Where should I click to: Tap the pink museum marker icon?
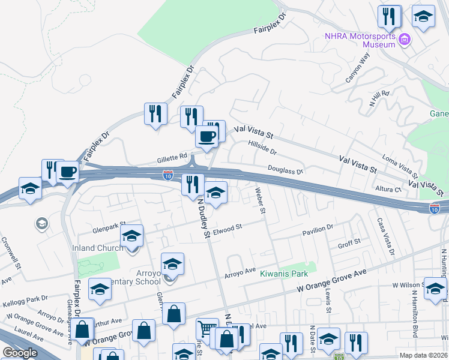(405, 40)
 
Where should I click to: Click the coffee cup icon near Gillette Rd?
(207, 136)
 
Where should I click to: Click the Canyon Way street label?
(358, 68)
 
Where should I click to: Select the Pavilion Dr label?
(318, 229)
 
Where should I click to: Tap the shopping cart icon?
(206, 329)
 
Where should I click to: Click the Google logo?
(20, 353)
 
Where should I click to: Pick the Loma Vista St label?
(399, 168)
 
